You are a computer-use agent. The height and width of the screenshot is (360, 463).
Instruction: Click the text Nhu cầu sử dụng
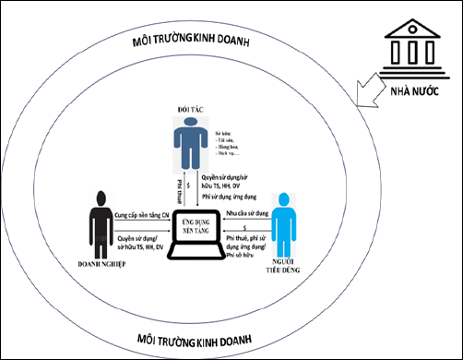tap(249, 212)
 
